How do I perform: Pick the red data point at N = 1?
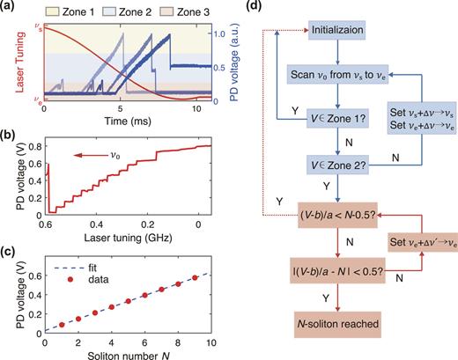point(62,324)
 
